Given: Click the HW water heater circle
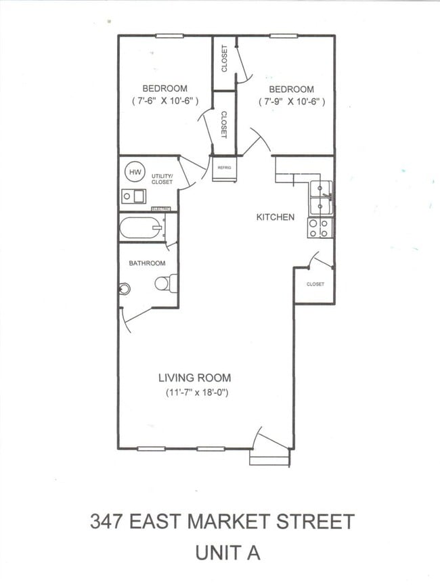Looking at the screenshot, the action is tap(135, 172).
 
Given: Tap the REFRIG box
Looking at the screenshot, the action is tap(224, 168).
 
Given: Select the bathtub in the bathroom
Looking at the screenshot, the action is tap(141, 227).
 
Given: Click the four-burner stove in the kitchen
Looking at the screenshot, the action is tap(320, 228).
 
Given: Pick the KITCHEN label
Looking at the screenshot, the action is tap(275, 217).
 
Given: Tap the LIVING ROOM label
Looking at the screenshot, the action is tap(195, 378).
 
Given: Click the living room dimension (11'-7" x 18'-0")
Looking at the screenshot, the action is tap(196, 392).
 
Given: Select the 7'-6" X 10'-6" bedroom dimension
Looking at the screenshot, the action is tap(165, 101).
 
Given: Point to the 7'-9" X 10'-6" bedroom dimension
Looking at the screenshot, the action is tap(292, 102).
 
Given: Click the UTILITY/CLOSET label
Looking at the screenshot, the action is tap(162, 179).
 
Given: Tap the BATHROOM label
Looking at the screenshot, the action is tap(147, 263).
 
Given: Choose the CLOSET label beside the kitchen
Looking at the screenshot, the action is tap(315, 284).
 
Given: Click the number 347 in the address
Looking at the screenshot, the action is tap(106, 521).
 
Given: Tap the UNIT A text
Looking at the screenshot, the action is tap(227, 553).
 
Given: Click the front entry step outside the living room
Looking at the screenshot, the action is tap(269, 457).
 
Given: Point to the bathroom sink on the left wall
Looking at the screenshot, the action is tap(125, 288).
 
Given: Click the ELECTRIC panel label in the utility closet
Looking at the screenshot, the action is tap(160, 209).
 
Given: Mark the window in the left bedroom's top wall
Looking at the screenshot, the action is tap(169, 36).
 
